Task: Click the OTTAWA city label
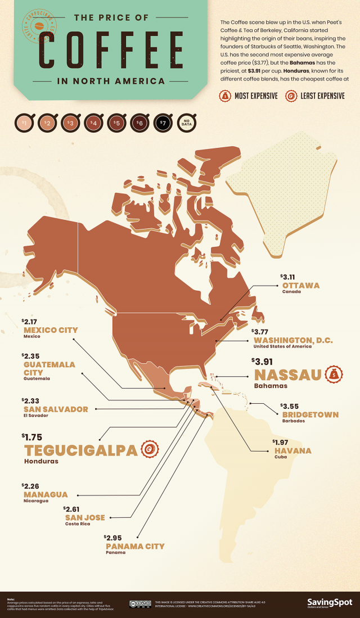[300, 285]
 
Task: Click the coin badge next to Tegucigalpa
[148, 449]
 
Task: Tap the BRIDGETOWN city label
[310, 414]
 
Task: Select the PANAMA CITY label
[135, 545]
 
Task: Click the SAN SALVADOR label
[55, 409]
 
